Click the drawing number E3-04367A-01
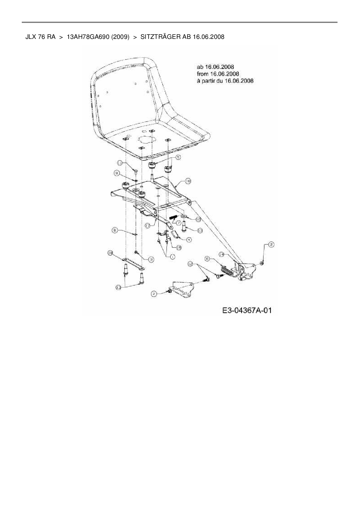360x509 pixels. tap(247, 311)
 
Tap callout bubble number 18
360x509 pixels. tap(188, 181)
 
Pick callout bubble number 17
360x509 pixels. tap(148, 225)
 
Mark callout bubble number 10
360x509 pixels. tap(198, 219)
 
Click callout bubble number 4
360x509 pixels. tap(189, 240)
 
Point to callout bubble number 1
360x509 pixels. tap(172, 257)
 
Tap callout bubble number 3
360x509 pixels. tap(151, 260)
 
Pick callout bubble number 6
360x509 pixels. tap(207, 258)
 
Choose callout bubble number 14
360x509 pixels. tap(222, 254)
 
